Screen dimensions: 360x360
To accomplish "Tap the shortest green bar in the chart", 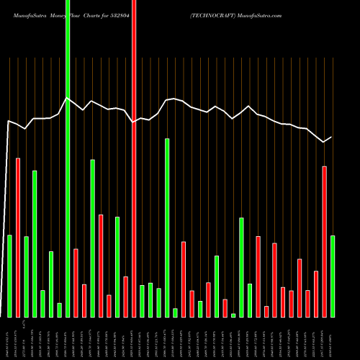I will (233, 315).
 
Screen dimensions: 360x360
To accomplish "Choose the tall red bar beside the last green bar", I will (324, 241).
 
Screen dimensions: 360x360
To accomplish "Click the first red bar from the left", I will (18, 237).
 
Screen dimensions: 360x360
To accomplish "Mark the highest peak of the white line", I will (68, 98).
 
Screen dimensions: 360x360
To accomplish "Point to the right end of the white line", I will (332, 137).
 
